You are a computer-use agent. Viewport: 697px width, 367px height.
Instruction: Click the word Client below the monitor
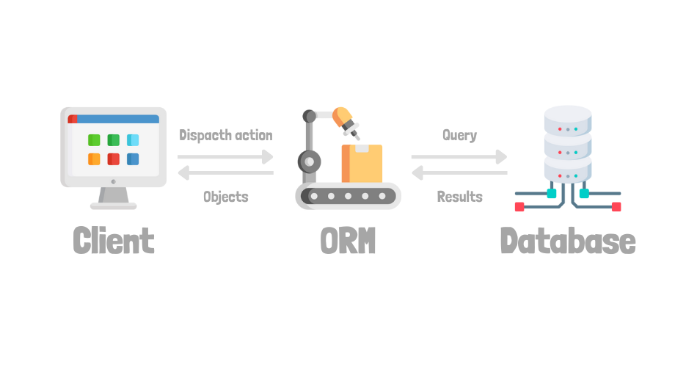click(x=114, y=241)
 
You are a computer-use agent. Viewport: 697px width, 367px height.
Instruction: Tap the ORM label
click(x=348, y=241)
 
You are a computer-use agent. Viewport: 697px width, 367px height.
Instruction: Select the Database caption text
click(x=567, y=241)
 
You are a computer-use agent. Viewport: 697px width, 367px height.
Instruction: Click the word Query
click(x=459, y=135)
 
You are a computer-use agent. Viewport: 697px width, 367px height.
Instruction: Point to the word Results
click(x=459, y=197)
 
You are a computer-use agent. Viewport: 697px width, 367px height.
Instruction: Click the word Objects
click(x=225, y=197)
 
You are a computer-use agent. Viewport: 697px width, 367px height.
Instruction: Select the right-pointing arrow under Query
click(x=459, y=156)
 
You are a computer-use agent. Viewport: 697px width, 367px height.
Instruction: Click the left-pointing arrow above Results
click(x=459, y=173)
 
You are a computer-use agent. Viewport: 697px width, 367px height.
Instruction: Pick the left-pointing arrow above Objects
click(x=225, y=173)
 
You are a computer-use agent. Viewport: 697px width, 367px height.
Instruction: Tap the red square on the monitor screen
click(x=114, y=159)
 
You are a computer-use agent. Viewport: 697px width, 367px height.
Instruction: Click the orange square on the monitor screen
click(x=94, y=159)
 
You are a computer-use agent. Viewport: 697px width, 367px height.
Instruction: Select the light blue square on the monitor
click(x=133, y=140)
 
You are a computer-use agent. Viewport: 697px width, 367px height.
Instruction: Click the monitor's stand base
click(x=113, y=206)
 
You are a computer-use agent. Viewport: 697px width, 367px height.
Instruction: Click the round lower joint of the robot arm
click(x=309, y=161)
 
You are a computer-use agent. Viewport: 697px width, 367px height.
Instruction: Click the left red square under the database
click(x=519, y=207)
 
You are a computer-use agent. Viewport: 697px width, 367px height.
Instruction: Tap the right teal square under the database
click(x=584, y=194)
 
